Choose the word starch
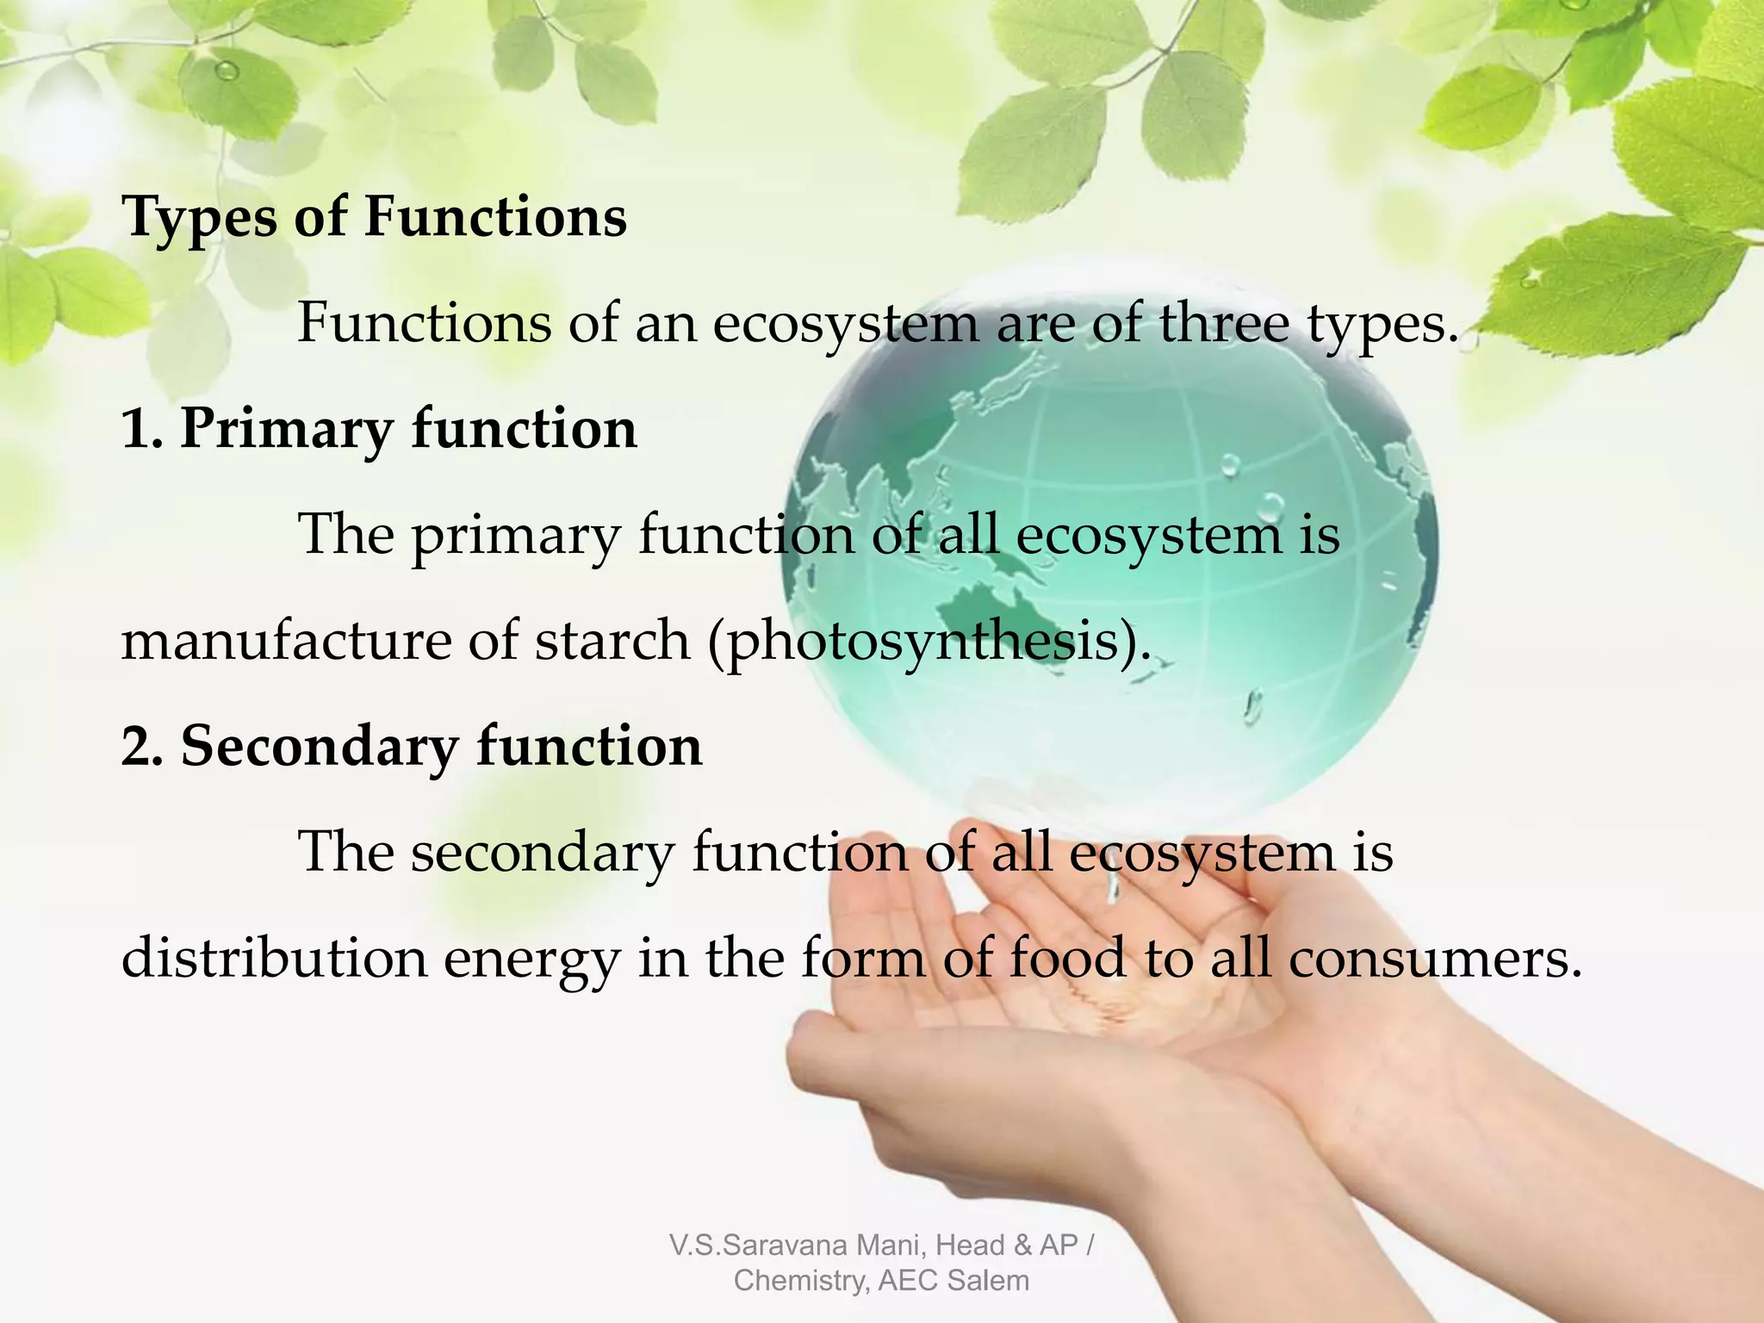pos(612,641)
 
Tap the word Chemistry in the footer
pos(801,1281)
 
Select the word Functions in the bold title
pos(495,217)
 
